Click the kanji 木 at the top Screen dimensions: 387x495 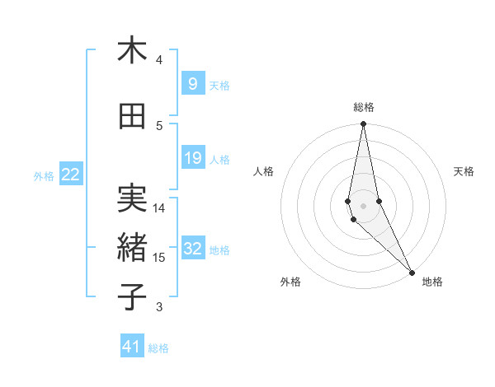coord(132,50)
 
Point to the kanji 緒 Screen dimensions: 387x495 coord(132,248)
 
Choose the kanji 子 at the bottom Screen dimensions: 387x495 coord(132,297)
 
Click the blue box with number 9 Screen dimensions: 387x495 coord(192,84)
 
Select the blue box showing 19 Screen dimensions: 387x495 coord(192,158)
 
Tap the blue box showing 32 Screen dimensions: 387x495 coord(192,249)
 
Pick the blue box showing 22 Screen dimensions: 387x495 coord(71,175)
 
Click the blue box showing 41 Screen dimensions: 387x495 coord(132,347)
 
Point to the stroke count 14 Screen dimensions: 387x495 coord(159,208)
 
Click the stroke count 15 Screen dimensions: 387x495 coord(159,258)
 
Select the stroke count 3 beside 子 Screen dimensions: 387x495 coord(158,307)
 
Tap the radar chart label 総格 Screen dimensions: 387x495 coord(363,107)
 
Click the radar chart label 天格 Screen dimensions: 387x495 coord(464,171)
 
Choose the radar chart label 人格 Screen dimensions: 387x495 coord(263,171)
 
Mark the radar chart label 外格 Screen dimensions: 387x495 coord(290,282)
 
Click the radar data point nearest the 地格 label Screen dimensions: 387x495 coord(412,273)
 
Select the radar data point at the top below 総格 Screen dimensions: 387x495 coord(363,124)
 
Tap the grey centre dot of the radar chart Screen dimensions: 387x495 coord(363,205)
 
